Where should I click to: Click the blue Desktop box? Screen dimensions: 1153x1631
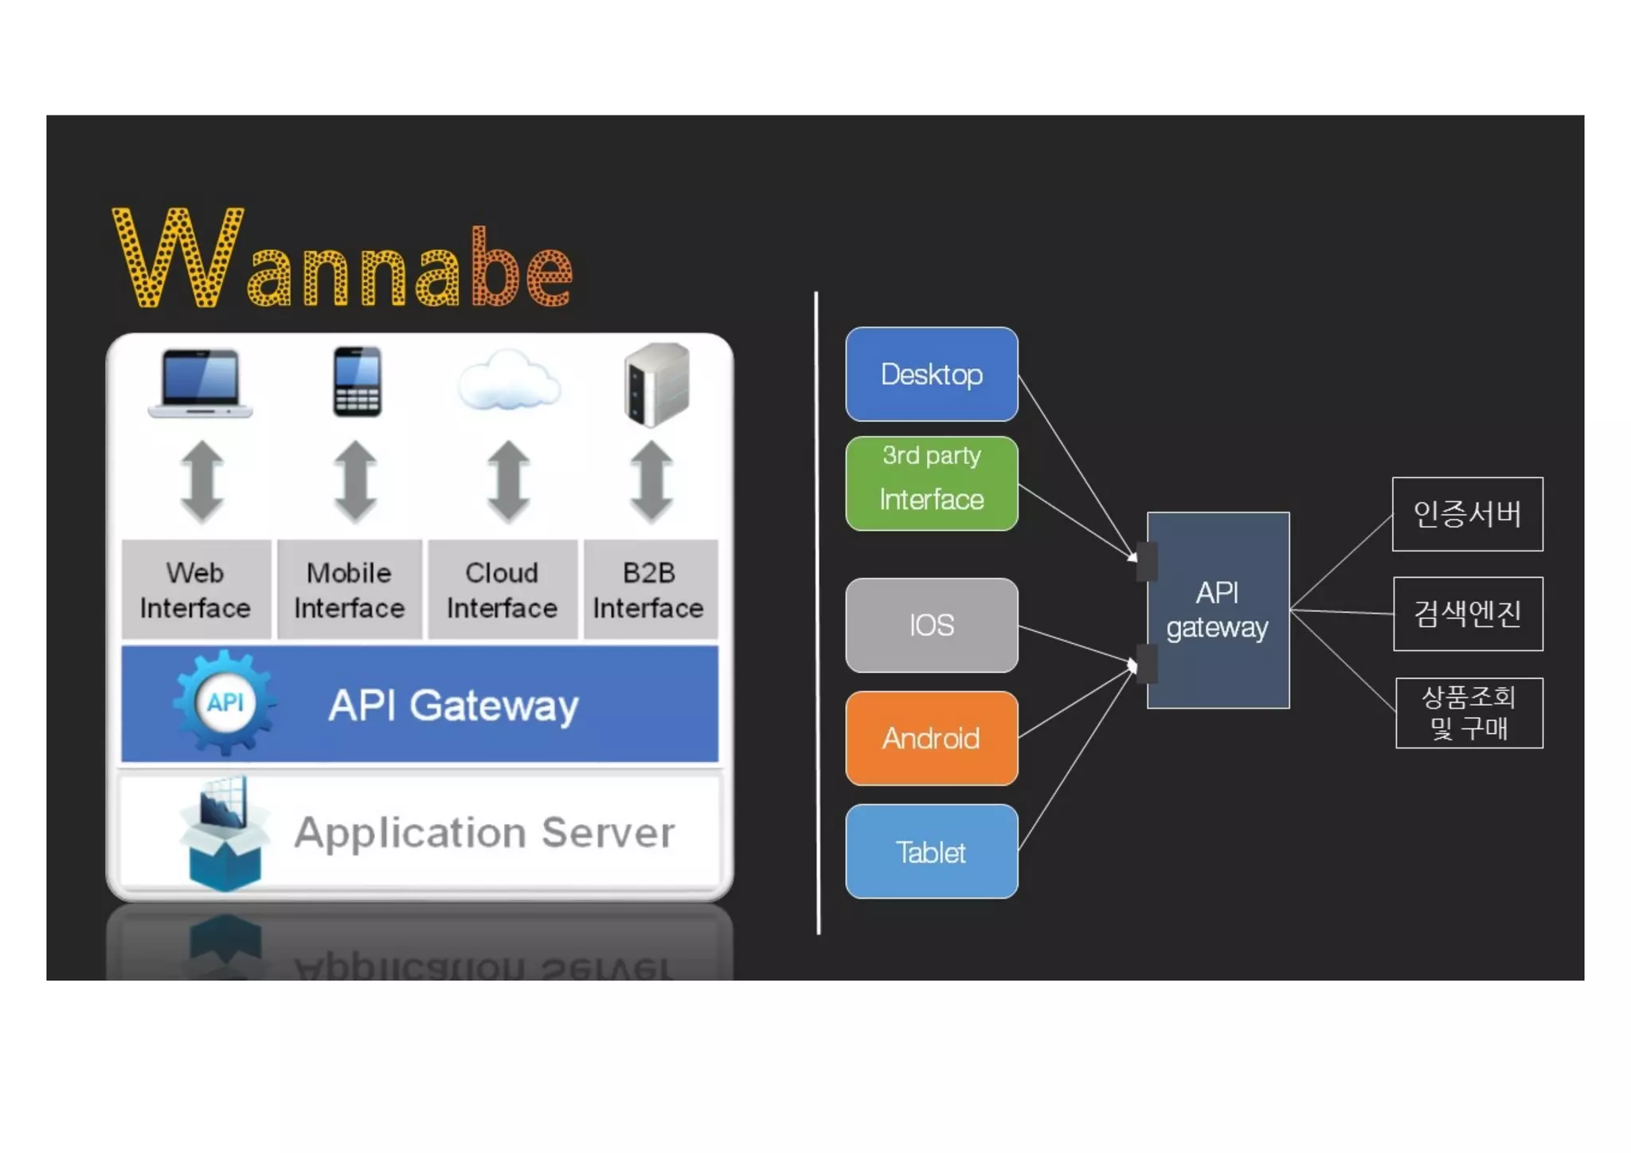(931, 374)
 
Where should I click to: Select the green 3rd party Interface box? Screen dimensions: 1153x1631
(931, 483)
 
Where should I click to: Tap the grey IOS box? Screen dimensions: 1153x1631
(931, 625)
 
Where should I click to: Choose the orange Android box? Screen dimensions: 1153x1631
(931, 738)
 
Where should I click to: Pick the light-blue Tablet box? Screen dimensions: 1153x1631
(931, 851)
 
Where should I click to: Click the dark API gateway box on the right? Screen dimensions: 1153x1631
(1218, 610)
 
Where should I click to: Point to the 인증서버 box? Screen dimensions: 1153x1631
(1467, 514)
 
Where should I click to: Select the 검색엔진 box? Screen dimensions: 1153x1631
(1468, 614)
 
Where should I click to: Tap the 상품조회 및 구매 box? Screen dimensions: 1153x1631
(1469, 712)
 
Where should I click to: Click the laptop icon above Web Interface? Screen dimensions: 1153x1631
(200, 383)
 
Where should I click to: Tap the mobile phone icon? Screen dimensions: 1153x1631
(357, 382)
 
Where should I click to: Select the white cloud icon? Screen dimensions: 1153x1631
(509, 381)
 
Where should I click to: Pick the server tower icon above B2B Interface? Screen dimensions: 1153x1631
(656, 384)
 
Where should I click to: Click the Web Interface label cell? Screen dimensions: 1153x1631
(196, 590)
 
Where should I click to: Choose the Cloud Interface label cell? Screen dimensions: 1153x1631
(502, 590)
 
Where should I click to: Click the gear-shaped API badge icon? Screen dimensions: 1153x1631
(225, 703)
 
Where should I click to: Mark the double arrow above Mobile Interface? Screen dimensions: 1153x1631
(355, 481)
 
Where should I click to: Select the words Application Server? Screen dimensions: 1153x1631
(484, 833)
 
